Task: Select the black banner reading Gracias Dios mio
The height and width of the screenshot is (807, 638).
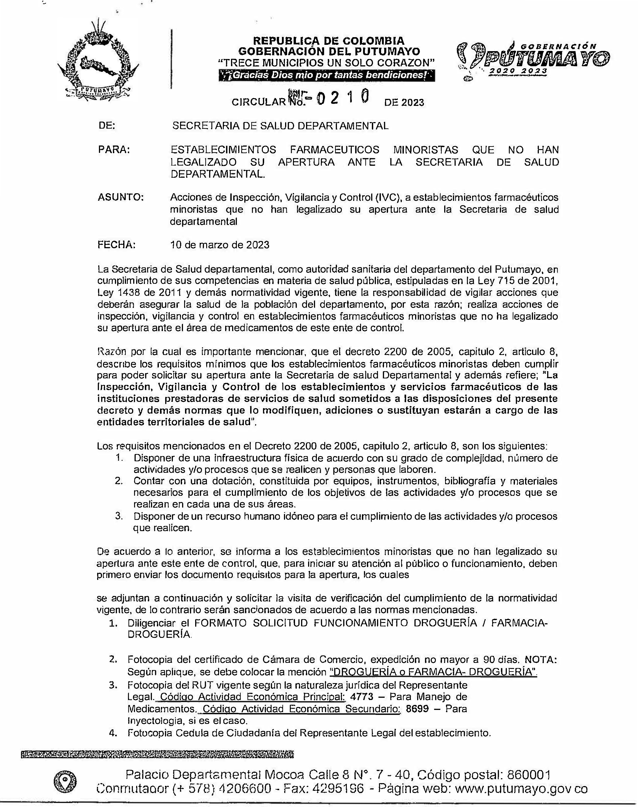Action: click(x=327, y=75)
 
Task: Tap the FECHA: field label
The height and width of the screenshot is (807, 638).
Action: click(x=116, y=245)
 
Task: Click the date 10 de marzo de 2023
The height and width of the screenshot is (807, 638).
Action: click(x=220, y=245)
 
